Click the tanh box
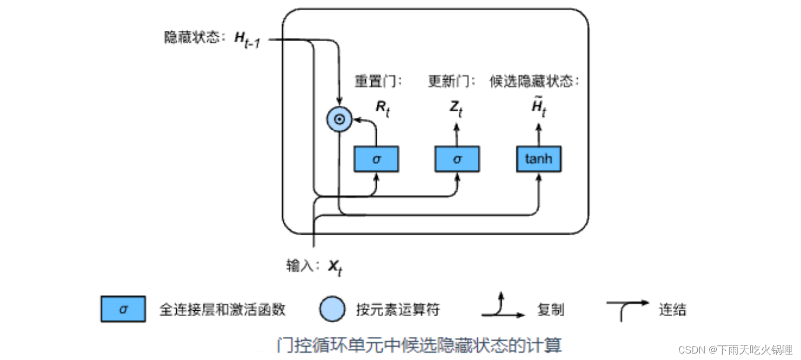538,159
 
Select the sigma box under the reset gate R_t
376,159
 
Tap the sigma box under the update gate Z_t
457,159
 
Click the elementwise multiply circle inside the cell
339,119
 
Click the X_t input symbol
335,266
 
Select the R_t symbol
383,108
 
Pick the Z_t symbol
456,108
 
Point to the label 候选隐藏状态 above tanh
534,81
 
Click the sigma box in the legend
123,310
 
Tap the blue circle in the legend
332,310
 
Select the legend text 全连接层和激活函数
222,310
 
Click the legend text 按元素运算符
398,310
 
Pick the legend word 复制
551,310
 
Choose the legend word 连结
672,310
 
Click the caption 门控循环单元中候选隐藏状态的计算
419,344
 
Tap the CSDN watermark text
735,349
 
